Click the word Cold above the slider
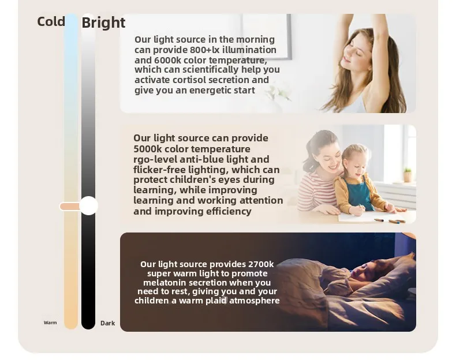(51, 21)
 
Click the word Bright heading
(103, 23)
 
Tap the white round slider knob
(88, 206)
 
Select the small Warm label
(50, 322)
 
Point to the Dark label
(107, 323)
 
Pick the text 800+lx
(205, 50)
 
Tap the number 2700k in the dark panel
(261, 264)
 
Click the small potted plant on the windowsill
(408, 175)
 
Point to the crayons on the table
(391, 221)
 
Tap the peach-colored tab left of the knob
(70, 207)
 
